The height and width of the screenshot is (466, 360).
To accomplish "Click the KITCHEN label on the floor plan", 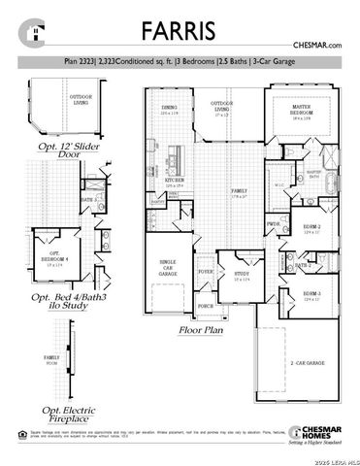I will [x=175, y=181].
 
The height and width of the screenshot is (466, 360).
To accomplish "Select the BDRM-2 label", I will [x=311, y=229].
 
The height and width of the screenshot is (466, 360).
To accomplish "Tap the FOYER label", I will [x=206, y=271].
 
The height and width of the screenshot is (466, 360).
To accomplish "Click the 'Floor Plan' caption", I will [x=202, y=330].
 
